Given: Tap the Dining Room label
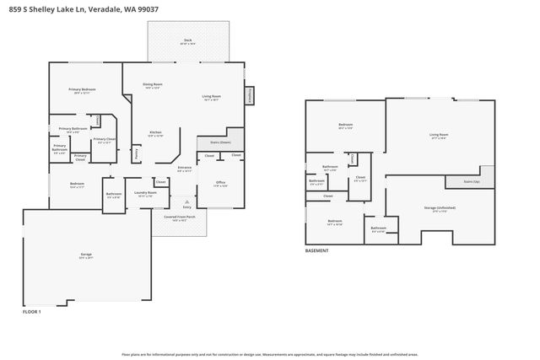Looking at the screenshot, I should point(152,85).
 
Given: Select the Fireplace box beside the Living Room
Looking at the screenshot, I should point(250,97).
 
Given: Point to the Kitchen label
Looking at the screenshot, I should point(156,133).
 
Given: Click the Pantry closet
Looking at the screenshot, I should point(137,154).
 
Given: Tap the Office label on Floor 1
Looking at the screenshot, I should point(220,181).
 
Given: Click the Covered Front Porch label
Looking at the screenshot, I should point(180,218).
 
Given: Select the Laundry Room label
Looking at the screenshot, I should point(146,193).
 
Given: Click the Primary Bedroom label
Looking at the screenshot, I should point(83,90).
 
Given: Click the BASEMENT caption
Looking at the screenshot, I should point(317,250).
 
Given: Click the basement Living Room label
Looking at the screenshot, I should point(439,135).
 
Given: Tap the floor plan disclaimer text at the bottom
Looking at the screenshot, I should point(269,354).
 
